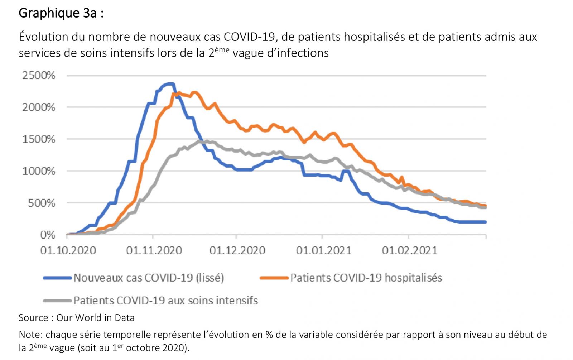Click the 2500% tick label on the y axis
(39, 76)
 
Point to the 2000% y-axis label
(39, 107)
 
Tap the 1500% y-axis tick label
(39, 139)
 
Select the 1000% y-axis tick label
(39, 171)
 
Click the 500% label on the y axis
(42, 203)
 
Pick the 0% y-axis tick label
(47, 235)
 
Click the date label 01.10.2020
(68, 250)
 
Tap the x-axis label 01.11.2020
(154, 250)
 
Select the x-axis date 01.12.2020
(237, 250)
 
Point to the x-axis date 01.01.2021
(324, 250)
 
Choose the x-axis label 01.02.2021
(410, 250)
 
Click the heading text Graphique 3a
(61, 13)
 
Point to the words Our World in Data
(95, 318)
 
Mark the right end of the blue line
(485, 222)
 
